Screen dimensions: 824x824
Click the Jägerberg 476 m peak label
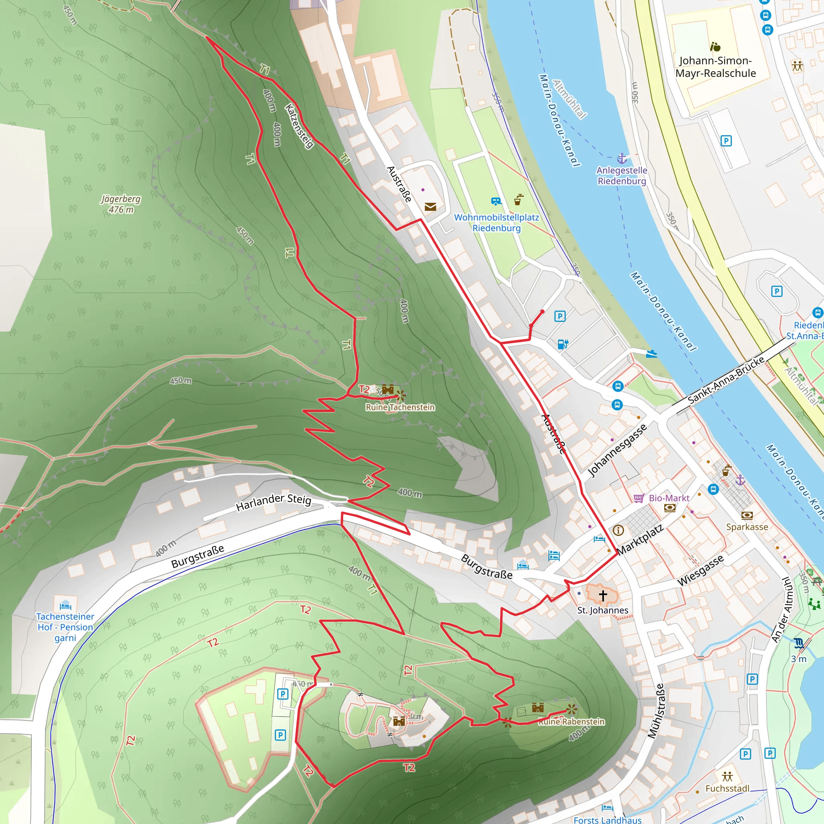(x=121, y=204)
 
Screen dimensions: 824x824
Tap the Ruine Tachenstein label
(x=400, y=407)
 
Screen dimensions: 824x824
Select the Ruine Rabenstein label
(x=571, y=722)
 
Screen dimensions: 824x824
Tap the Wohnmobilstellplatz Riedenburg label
(x=496, y=222)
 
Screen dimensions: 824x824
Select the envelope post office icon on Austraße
(x=431, y=207)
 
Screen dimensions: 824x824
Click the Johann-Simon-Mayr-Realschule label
(x=715, y=67)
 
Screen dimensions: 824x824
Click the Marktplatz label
(x=640, y=539)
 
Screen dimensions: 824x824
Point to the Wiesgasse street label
(x=700, y=570)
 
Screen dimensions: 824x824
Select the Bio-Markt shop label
(x=669, y=498)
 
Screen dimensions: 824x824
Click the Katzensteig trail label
(x=299, y=126)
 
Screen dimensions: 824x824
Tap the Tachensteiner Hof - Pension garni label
(x=65, y=627)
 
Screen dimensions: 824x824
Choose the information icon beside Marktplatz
(x=618, y=530)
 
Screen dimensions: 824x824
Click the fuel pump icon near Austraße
(x=563, y=344)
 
